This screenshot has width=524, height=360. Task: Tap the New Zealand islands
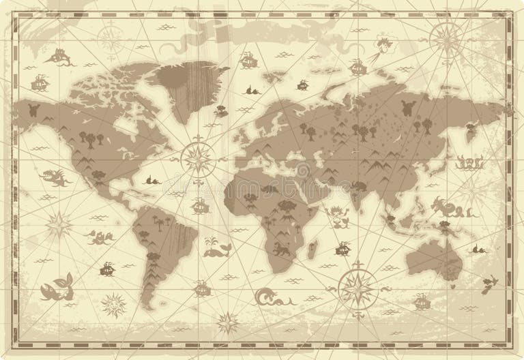pos(489,282)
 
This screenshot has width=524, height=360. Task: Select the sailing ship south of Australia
pos(423,300)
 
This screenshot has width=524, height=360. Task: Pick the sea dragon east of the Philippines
pos(446,207)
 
